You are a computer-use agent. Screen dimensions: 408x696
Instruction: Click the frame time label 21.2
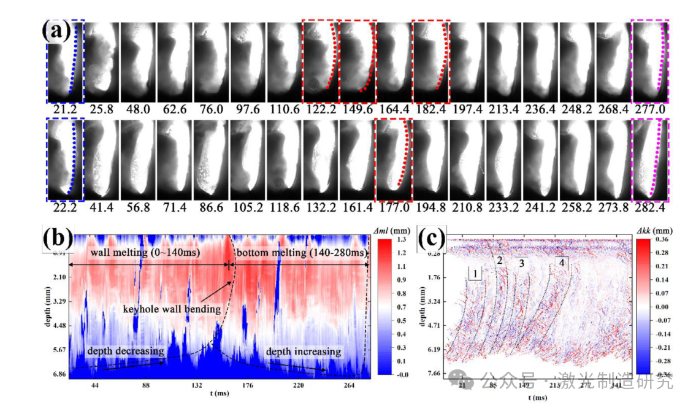(64, 110)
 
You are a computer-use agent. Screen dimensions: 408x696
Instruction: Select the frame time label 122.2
(320, 110)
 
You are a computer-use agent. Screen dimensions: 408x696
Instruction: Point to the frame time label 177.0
(393, 209)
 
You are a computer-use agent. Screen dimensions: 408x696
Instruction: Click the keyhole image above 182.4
(431, 61)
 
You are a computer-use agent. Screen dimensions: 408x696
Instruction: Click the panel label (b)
(56, 239)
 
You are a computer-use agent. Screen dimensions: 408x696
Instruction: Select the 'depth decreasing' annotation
(125, 351)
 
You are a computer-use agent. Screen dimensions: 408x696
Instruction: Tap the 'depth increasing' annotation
(303, 352)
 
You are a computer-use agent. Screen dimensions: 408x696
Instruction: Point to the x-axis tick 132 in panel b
(197, 385)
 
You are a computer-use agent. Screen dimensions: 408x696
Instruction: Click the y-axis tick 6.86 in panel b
(58, 373)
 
